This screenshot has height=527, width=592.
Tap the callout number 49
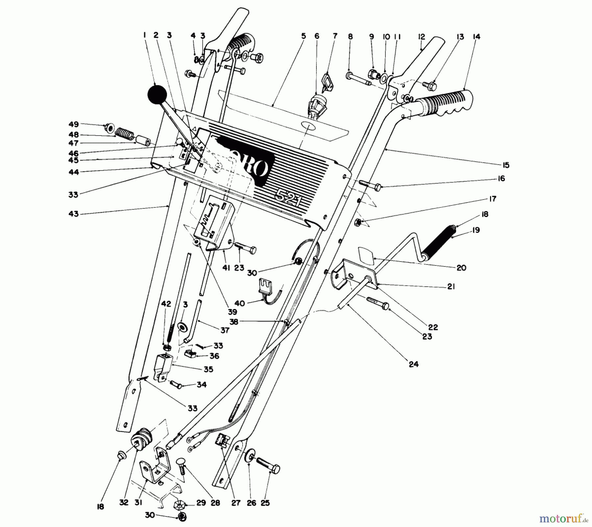[x=74, y=125]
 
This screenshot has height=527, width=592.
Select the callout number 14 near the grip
[x=476, y=37]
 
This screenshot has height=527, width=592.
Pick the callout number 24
[x=413, y=364]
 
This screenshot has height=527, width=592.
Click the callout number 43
[x=74, y=214]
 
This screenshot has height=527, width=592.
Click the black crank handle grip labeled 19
[x=440, y=243]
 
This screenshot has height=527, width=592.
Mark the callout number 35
[x=208, y=369]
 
